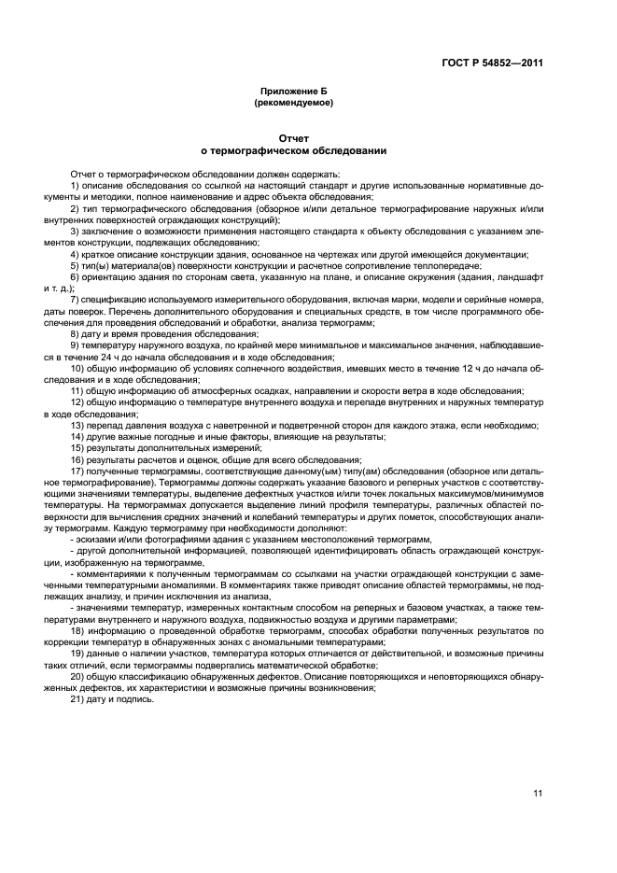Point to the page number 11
point(538,794)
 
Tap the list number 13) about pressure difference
point(77,425)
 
